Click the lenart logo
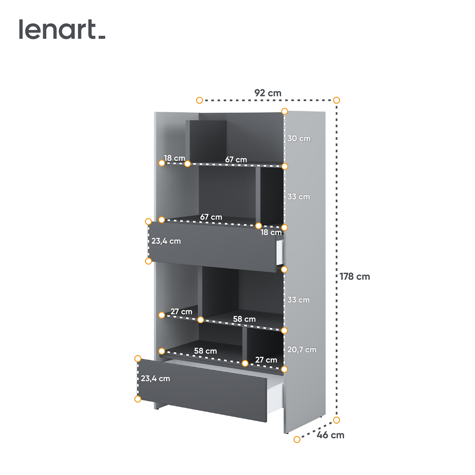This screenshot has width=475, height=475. click(62, 29)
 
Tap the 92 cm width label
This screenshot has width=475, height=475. click(268, 93)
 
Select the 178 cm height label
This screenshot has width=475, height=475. click(355, 276)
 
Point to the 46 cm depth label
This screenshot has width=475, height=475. click(331, 435)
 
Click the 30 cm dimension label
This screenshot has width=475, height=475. click(299, 138)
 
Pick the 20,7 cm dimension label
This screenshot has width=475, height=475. click(302, 350)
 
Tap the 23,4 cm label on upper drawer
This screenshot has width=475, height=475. click(166, 241)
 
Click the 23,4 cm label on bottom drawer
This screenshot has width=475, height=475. click(155, 379)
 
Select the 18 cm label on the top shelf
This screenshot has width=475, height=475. click(174, 158)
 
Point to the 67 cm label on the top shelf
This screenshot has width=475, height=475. click(236, 159)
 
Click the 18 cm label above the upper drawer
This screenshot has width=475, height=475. click(271, 232)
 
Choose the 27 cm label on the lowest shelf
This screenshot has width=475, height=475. click(266, 360)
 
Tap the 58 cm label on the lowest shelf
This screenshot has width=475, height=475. click(205, 351)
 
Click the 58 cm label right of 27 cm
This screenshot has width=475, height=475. click(244, 319)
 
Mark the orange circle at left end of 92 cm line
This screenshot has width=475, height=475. click(199, 100)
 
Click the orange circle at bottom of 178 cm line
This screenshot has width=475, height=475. click(337, 420)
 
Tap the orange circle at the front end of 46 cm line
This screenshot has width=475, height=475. click(297, 439)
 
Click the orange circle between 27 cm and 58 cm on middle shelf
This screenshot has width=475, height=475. click(200, 320)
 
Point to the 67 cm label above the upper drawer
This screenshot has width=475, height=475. click(211, 217)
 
